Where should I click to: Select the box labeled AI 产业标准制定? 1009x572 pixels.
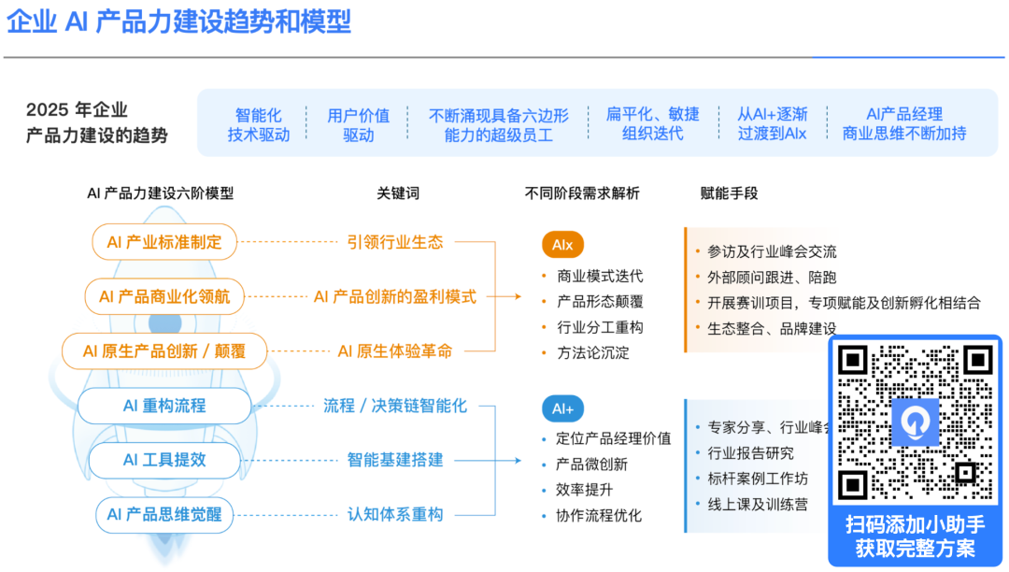tap(164, 242)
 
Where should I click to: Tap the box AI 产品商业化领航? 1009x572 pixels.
tap(164, 296)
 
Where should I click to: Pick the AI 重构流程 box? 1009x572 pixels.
tap(164, 406)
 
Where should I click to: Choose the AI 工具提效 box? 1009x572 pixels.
tap(164, 460)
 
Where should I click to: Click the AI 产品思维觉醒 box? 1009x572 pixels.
tap(164, 514)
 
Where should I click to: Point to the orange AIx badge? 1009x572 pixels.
tap(562, 245)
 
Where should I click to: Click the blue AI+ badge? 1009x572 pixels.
tap(562, 408)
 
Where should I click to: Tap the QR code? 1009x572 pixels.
tap(915, 422)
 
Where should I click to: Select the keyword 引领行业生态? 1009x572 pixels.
tap(395, 242)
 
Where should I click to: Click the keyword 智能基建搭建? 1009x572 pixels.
tap(395, 460)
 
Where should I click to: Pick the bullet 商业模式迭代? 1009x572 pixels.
tap(599, 277)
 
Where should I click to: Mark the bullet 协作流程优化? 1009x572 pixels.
tap(599, 516)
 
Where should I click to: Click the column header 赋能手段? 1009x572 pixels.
tap(729, 193)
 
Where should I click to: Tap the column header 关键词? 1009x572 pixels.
tap(398, 193)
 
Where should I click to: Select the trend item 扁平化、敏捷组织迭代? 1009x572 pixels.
tap(653, 123)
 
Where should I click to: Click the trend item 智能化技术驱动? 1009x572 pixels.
tap(259, 124)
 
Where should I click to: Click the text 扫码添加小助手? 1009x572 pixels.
tap(915, 524)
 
